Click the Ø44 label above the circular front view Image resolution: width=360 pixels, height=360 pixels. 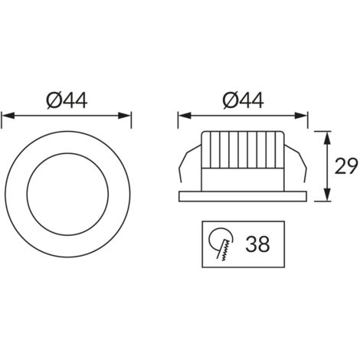67,101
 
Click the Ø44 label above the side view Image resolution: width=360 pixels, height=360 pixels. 243,101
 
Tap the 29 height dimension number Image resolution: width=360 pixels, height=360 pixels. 346,166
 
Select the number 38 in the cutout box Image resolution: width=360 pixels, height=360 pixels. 257,244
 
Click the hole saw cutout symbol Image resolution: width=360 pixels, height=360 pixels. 221,244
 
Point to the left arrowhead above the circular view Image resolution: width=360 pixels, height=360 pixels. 8,116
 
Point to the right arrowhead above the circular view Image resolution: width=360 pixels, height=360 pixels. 125,116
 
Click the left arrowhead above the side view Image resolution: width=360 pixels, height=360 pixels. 185,116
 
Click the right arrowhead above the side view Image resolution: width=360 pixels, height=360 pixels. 301,116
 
